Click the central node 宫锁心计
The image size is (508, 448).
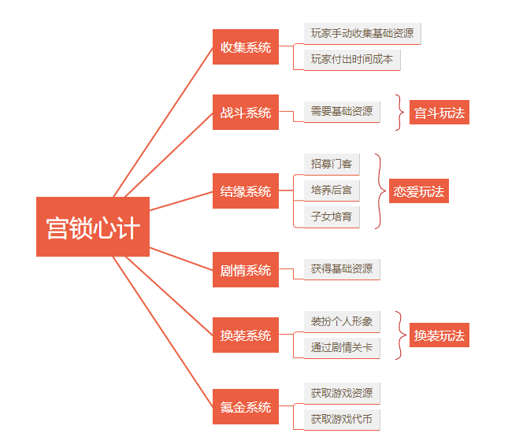tap(93, 227)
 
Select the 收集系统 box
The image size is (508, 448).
tap(246, 47)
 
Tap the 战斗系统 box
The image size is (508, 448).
tap(246, 113)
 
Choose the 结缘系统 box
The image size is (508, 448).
tap(246, 191)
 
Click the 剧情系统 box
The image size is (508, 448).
tap(246, 270)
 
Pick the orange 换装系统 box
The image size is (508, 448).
tap(246, 335)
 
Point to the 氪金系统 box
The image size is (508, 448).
tap(246, 407)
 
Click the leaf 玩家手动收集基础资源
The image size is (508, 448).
tap(362, 33)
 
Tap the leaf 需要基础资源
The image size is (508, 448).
tap(342, 112)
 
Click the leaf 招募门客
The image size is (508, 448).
tap(332, 164)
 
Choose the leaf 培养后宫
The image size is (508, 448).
tap(332, 190)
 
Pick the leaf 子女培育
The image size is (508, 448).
tap(332, 216)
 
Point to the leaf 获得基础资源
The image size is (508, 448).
tap(342, 269)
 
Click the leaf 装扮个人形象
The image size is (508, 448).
tap(342, 321)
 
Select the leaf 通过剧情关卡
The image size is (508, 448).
tap(342, 347)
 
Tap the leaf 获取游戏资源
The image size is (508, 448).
tap(342, 393)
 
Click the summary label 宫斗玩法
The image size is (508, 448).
tap(439, 113)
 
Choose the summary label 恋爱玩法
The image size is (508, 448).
tap(419, 191)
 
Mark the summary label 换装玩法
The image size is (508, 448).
tap(439, 335)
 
